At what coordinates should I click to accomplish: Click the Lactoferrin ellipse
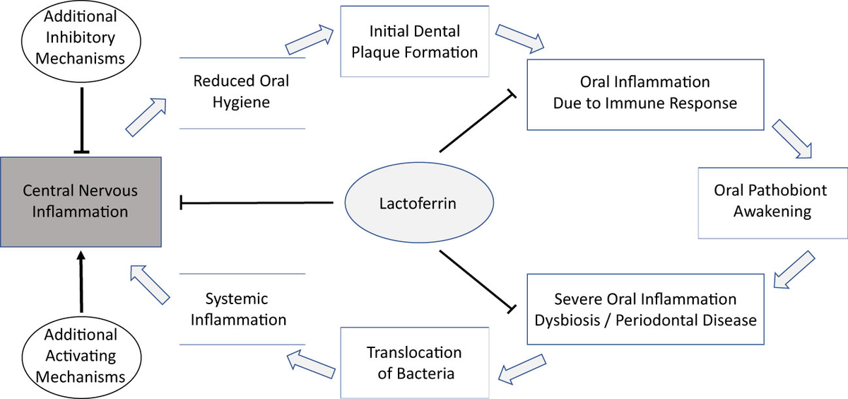[x=419, y=203]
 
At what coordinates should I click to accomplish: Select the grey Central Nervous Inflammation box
[x=81, y=202]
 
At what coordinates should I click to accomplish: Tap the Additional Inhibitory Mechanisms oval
[x=81, y=41]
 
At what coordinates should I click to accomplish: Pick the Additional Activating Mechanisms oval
[x=81, y=357]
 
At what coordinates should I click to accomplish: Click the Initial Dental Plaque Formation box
[x=415, y=41]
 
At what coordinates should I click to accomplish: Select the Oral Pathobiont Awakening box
[x=772, y=203]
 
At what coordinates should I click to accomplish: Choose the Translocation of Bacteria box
[x=415, y=363]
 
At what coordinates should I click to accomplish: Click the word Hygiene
[x=241, y=103]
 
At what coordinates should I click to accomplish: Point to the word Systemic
[x=237, y=299]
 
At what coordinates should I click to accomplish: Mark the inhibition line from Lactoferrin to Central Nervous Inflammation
[x=257, y=203]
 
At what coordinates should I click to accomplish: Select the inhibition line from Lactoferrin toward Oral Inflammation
[x=477, y=122]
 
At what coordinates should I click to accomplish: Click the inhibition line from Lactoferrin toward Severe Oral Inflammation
[x=477, y=282]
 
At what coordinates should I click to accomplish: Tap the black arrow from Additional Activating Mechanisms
[x=81, y=282]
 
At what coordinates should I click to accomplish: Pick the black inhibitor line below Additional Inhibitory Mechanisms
[x=82, y=120]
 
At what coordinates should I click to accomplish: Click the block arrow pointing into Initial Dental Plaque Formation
[x=310, y=40]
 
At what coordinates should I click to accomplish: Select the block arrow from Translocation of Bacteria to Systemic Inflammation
[x=311, y=364]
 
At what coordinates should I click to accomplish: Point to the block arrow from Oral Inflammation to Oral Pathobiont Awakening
[x=792, y=139]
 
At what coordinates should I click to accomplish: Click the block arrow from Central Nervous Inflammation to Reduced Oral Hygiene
[x=146, y=117]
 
